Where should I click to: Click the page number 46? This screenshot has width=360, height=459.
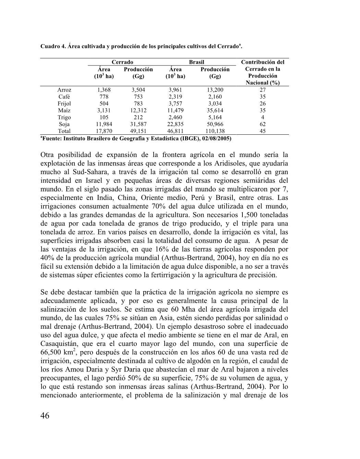45,416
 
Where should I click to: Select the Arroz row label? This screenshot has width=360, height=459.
64,90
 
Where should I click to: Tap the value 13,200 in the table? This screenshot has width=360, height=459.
215,90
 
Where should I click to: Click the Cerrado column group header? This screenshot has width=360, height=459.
122,62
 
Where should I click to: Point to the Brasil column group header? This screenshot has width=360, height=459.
196,62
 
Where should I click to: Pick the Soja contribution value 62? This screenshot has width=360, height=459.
263,124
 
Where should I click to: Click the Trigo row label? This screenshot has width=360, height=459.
64,117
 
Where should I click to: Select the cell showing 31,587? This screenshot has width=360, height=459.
138,124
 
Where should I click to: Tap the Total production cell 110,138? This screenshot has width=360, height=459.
215,131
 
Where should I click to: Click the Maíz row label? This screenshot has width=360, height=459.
64,110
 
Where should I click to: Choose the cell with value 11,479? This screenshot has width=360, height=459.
175,110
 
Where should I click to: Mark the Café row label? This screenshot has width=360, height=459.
64,97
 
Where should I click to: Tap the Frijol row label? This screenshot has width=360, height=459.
64,104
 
